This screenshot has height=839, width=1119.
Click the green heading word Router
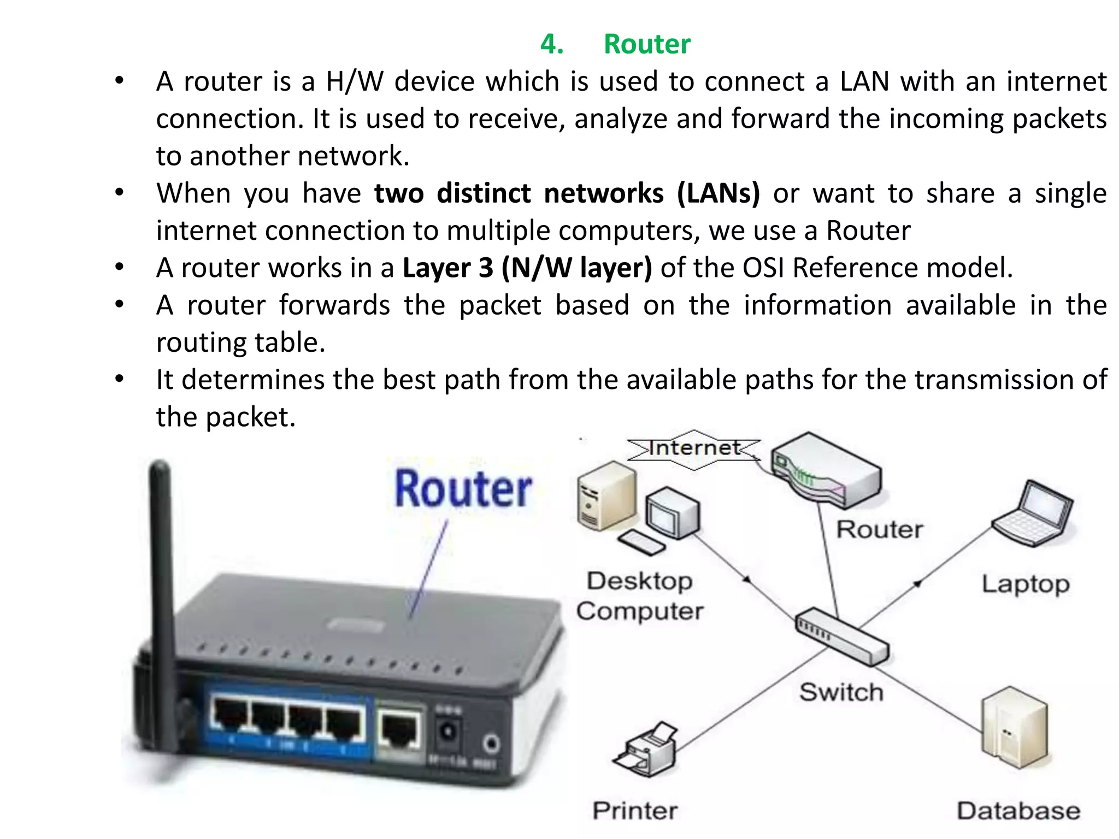click(647, 44)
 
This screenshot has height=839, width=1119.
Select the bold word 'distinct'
click(484, 193)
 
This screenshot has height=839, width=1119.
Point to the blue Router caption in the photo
click(463, 489)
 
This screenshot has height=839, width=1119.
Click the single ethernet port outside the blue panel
click(400, 730)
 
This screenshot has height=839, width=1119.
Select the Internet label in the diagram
click(694, 448)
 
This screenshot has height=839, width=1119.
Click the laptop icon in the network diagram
click(1033, 513)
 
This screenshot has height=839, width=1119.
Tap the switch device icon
click(841, 636)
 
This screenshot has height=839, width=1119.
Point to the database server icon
click(1015, 726)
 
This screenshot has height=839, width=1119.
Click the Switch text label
click(841, 692)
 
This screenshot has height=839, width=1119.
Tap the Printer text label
click(635, 811)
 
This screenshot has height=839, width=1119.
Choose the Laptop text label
click(1025, 584)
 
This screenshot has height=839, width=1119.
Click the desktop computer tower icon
click(605, 496)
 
